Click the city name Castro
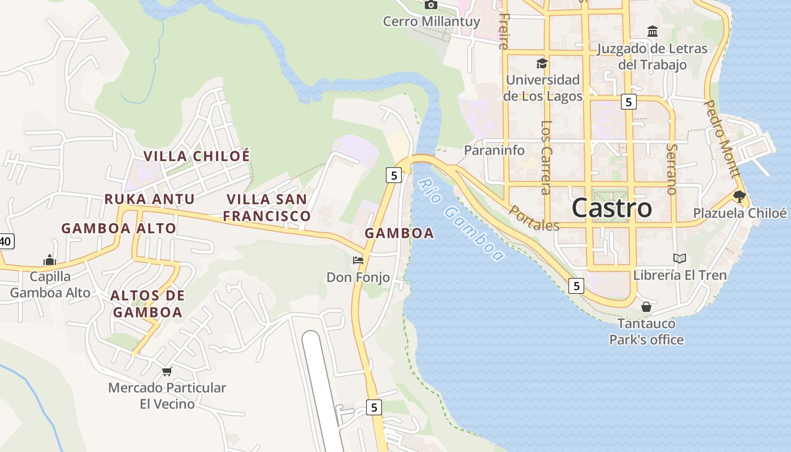(x=611, y=208)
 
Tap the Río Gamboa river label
(x=461, y=220)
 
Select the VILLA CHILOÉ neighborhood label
(x=196, y=157)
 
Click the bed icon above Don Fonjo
(x=358, y=260)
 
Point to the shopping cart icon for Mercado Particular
(x=167, y=371)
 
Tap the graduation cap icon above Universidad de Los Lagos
(x=542, y=63)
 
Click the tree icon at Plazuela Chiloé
(x=739, y=197)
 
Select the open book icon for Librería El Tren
(x=680, y=259)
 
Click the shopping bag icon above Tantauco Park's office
(x=646, y=307)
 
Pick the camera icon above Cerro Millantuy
(x=431, y=5)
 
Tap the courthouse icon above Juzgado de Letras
(x=653, y=32)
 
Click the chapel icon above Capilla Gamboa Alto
(x=50, y=260)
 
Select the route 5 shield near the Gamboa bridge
(x=394, y=175)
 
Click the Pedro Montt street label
(x=722, y=139)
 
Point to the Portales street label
(x=534, y=218)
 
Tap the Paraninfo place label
(x=494, y=150)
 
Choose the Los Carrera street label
(x=546, y=157)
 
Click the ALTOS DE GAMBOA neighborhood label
(x=147, y=303)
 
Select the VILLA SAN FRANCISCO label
(x=267, y=207)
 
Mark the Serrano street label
(x=671, y=169)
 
